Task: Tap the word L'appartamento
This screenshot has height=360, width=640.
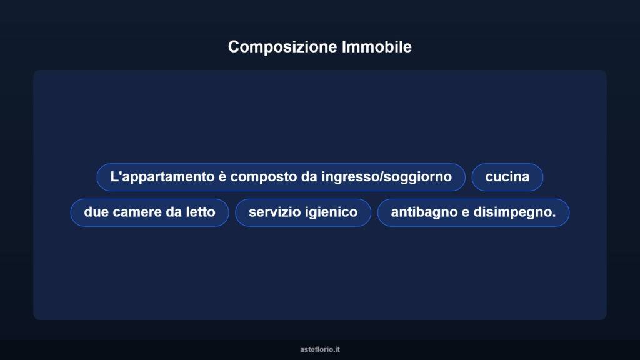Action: click(162, 177)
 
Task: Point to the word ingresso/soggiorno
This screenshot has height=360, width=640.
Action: click(386, 177)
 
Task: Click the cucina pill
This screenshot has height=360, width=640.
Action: click(507, 177)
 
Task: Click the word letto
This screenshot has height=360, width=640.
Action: click(200, 212)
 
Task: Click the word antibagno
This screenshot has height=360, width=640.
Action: click(424, 212)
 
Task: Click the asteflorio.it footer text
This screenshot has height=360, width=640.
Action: click(320, 349)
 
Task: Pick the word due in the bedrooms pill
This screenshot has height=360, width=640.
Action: click(96, 212)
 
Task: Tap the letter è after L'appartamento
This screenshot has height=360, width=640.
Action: click(222, 177)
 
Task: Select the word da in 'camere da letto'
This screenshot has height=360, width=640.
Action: click(173, 212)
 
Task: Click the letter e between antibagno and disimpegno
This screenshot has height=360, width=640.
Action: click(466, 212)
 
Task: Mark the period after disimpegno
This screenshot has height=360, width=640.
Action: click(554, 216)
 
